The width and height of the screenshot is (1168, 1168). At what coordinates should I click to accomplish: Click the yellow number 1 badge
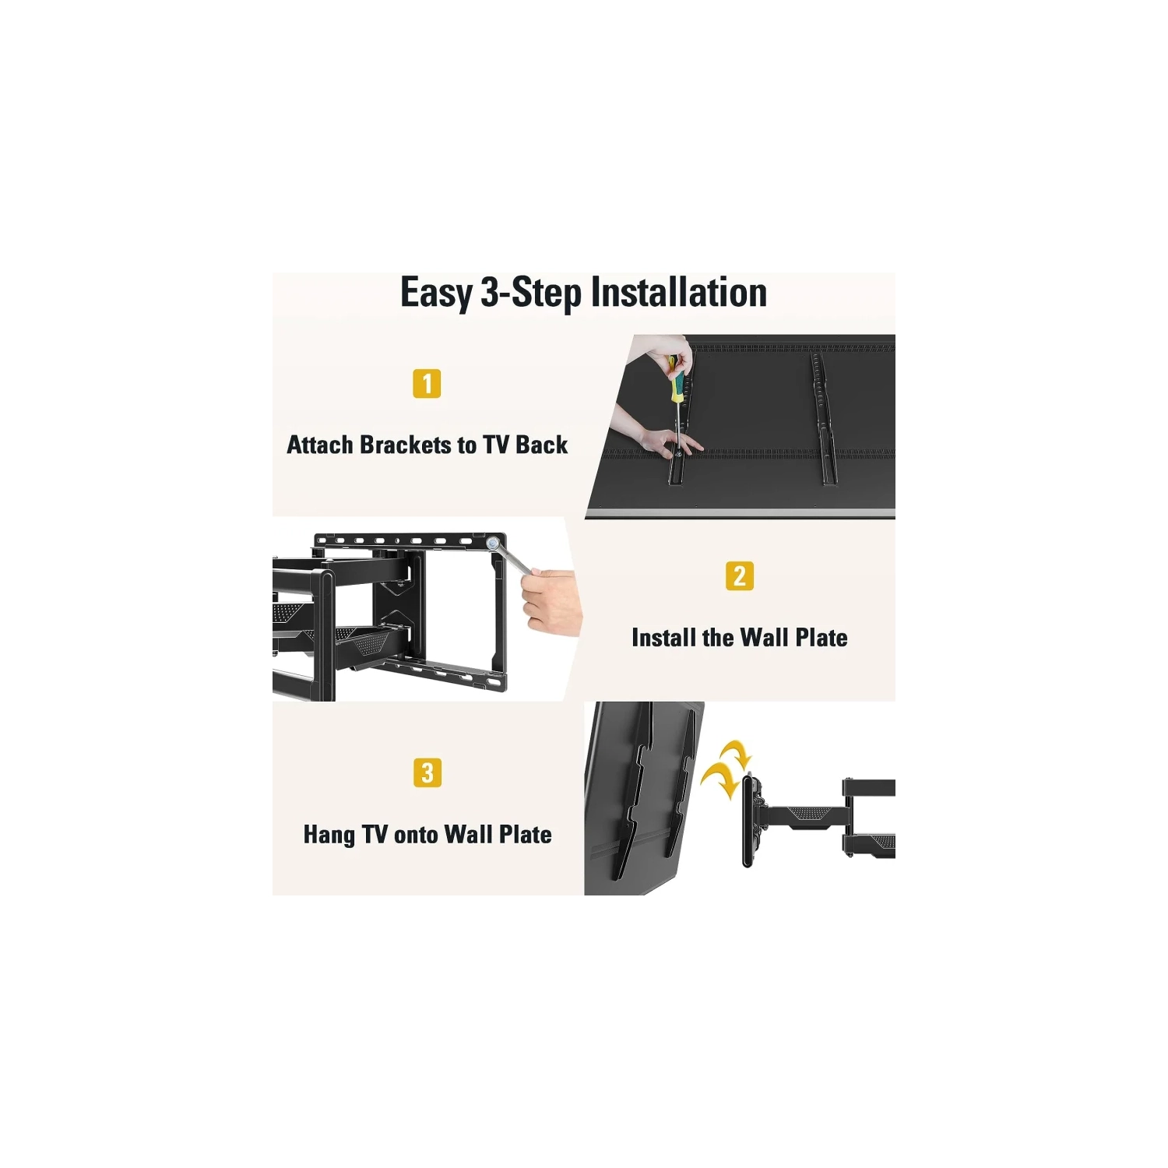(x=427, y=383)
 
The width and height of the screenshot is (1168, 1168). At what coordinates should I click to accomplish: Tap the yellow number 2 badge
(x=740, y=576)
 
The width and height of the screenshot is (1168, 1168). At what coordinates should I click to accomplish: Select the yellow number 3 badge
(x=427, y=773)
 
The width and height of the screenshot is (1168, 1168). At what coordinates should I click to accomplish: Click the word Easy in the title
(x=436, y=294)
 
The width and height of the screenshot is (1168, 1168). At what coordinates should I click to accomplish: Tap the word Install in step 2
(x=663, y=638)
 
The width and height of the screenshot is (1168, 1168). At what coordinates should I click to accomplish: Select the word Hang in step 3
(x=329, y=836)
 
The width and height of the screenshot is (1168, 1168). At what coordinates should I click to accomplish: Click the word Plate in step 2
(x=821, y=638)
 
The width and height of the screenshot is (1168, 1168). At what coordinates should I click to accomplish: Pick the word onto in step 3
(x=416, y=836)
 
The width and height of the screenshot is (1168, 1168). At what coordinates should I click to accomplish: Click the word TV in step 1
(x=495, y=445)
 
